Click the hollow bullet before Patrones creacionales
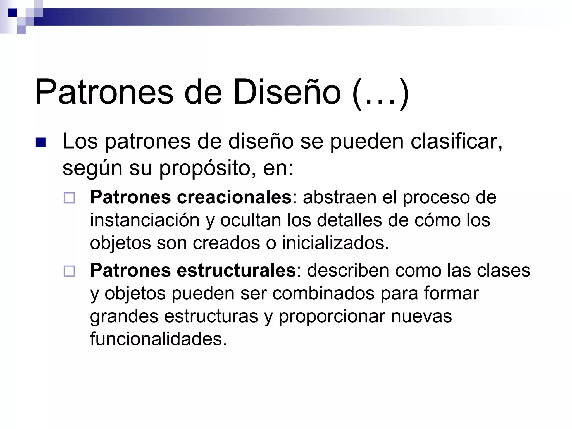tap(69, 198)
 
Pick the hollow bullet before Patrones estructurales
tap(69, 271)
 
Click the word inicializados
tap(335, 243)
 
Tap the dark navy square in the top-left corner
tap(13, 13)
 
